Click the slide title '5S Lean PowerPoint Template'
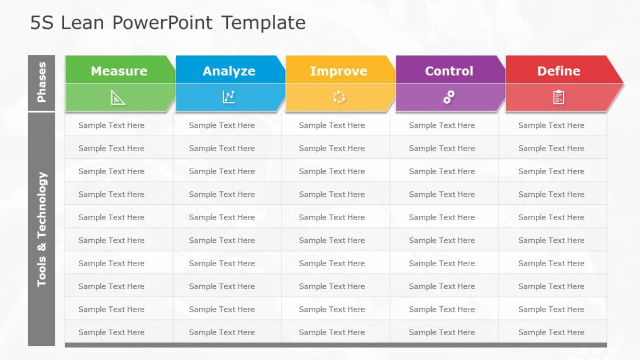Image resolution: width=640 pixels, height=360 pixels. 168,23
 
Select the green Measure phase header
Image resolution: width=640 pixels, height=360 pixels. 119,71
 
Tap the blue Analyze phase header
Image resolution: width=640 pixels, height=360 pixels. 229,71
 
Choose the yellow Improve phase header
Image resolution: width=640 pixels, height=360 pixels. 338,71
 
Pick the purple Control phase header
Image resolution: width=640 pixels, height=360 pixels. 449,71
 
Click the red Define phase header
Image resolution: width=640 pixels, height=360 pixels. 559,71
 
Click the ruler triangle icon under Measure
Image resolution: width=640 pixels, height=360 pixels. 118,98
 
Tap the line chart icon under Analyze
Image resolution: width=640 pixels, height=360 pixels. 229,98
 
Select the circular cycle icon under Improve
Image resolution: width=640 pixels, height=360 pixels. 339,98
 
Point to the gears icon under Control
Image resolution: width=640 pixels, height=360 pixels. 449,98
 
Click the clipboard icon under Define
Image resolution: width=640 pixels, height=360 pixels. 559,98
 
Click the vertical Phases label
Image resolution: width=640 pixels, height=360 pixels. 42,82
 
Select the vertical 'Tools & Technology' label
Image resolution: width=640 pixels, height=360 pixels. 42,229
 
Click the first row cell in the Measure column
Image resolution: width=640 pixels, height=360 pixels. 112,125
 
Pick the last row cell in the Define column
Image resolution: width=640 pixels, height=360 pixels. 552,332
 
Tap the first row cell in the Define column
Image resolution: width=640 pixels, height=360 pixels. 552,125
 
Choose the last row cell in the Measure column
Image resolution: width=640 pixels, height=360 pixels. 112,332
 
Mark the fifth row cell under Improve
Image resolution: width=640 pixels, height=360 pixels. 332,217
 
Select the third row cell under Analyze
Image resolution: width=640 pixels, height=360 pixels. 222,171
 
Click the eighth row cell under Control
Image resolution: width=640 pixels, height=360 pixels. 442,286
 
